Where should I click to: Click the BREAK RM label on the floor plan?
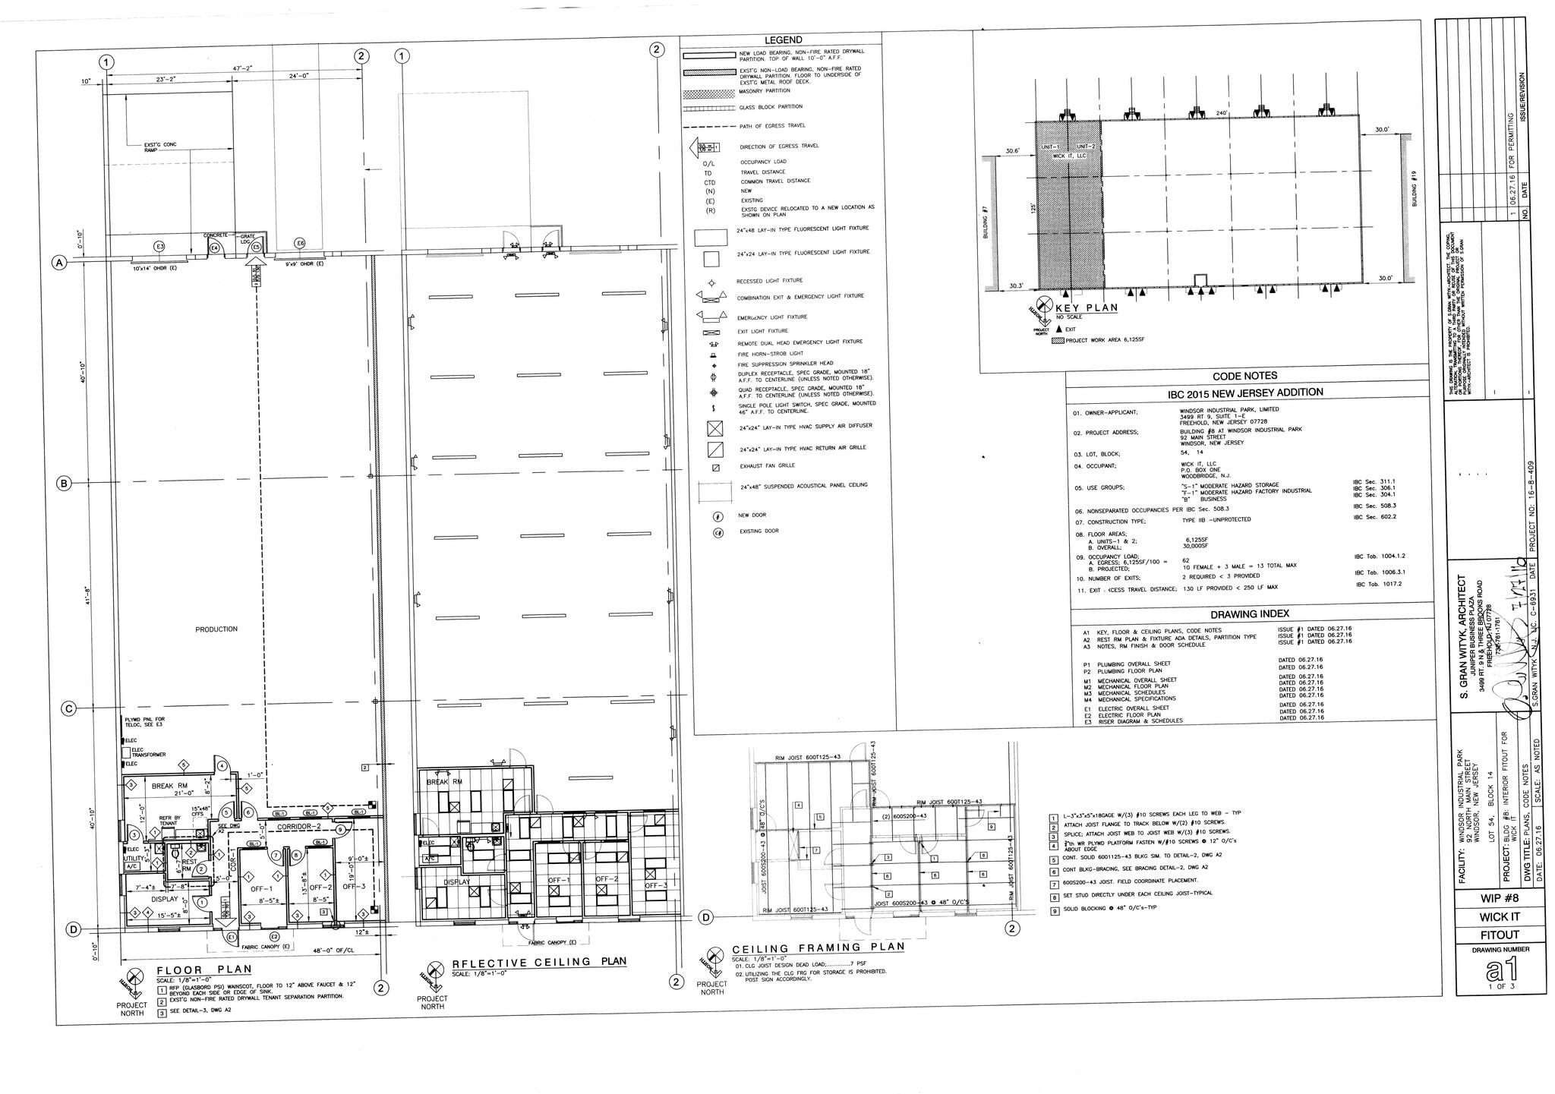[169, 786]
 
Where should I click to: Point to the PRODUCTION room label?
[216, 629]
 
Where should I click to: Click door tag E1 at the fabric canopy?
[232, 938]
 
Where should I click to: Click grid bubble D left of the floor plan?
[74, 929]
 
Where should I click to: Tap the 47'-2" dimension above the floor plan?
[243, 68]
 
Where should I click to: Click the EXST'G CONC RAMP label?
[159, 147]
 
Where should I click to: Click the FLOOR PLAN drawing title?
[203, 969]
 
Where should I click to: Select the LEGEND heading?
[783, 39]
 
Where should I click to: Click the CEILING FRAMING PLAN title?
[818, 947]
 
